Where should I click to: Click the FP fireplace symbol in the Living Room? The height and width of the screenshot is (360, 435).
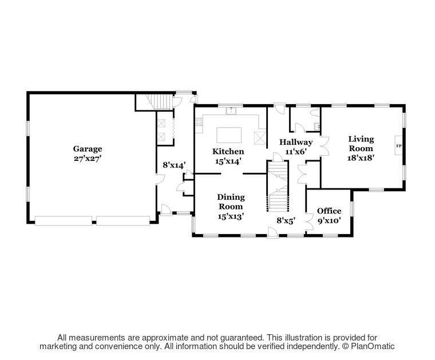tap(399, 147)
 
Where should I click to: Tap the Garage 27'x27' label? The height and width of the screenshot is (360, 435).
tap(88, 153)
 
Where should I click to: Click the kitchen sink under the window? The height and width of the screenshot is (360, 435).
tap(231, 111)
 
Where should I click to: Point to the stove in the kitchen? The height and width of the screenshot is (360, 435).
tap(199, 121)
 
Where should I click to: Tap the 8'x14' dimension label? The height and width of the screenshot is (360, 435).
tap(174, 165)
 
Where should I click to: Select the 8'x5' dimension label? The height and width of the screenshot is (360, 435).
tap(286, 220)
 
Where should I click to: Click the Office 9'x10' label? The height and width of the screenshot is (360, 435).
tap(329, 215)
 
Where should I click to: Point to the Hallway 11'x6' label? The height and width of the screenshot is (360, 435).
tap(296, 147)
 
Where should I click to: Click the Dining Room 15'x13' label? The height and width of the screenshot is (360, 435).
tap(230, 206)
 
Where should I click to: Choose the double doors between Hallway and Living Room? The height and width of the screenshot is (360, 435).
tap(324, 145)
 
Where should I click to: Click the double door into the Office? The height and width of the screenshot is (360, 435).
tap(310, 220)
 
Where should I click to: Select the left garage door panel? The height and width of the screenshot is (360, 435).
tap(63, 220)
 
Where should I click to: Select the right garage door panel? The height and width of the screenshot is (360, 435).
tap(122, 220)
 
